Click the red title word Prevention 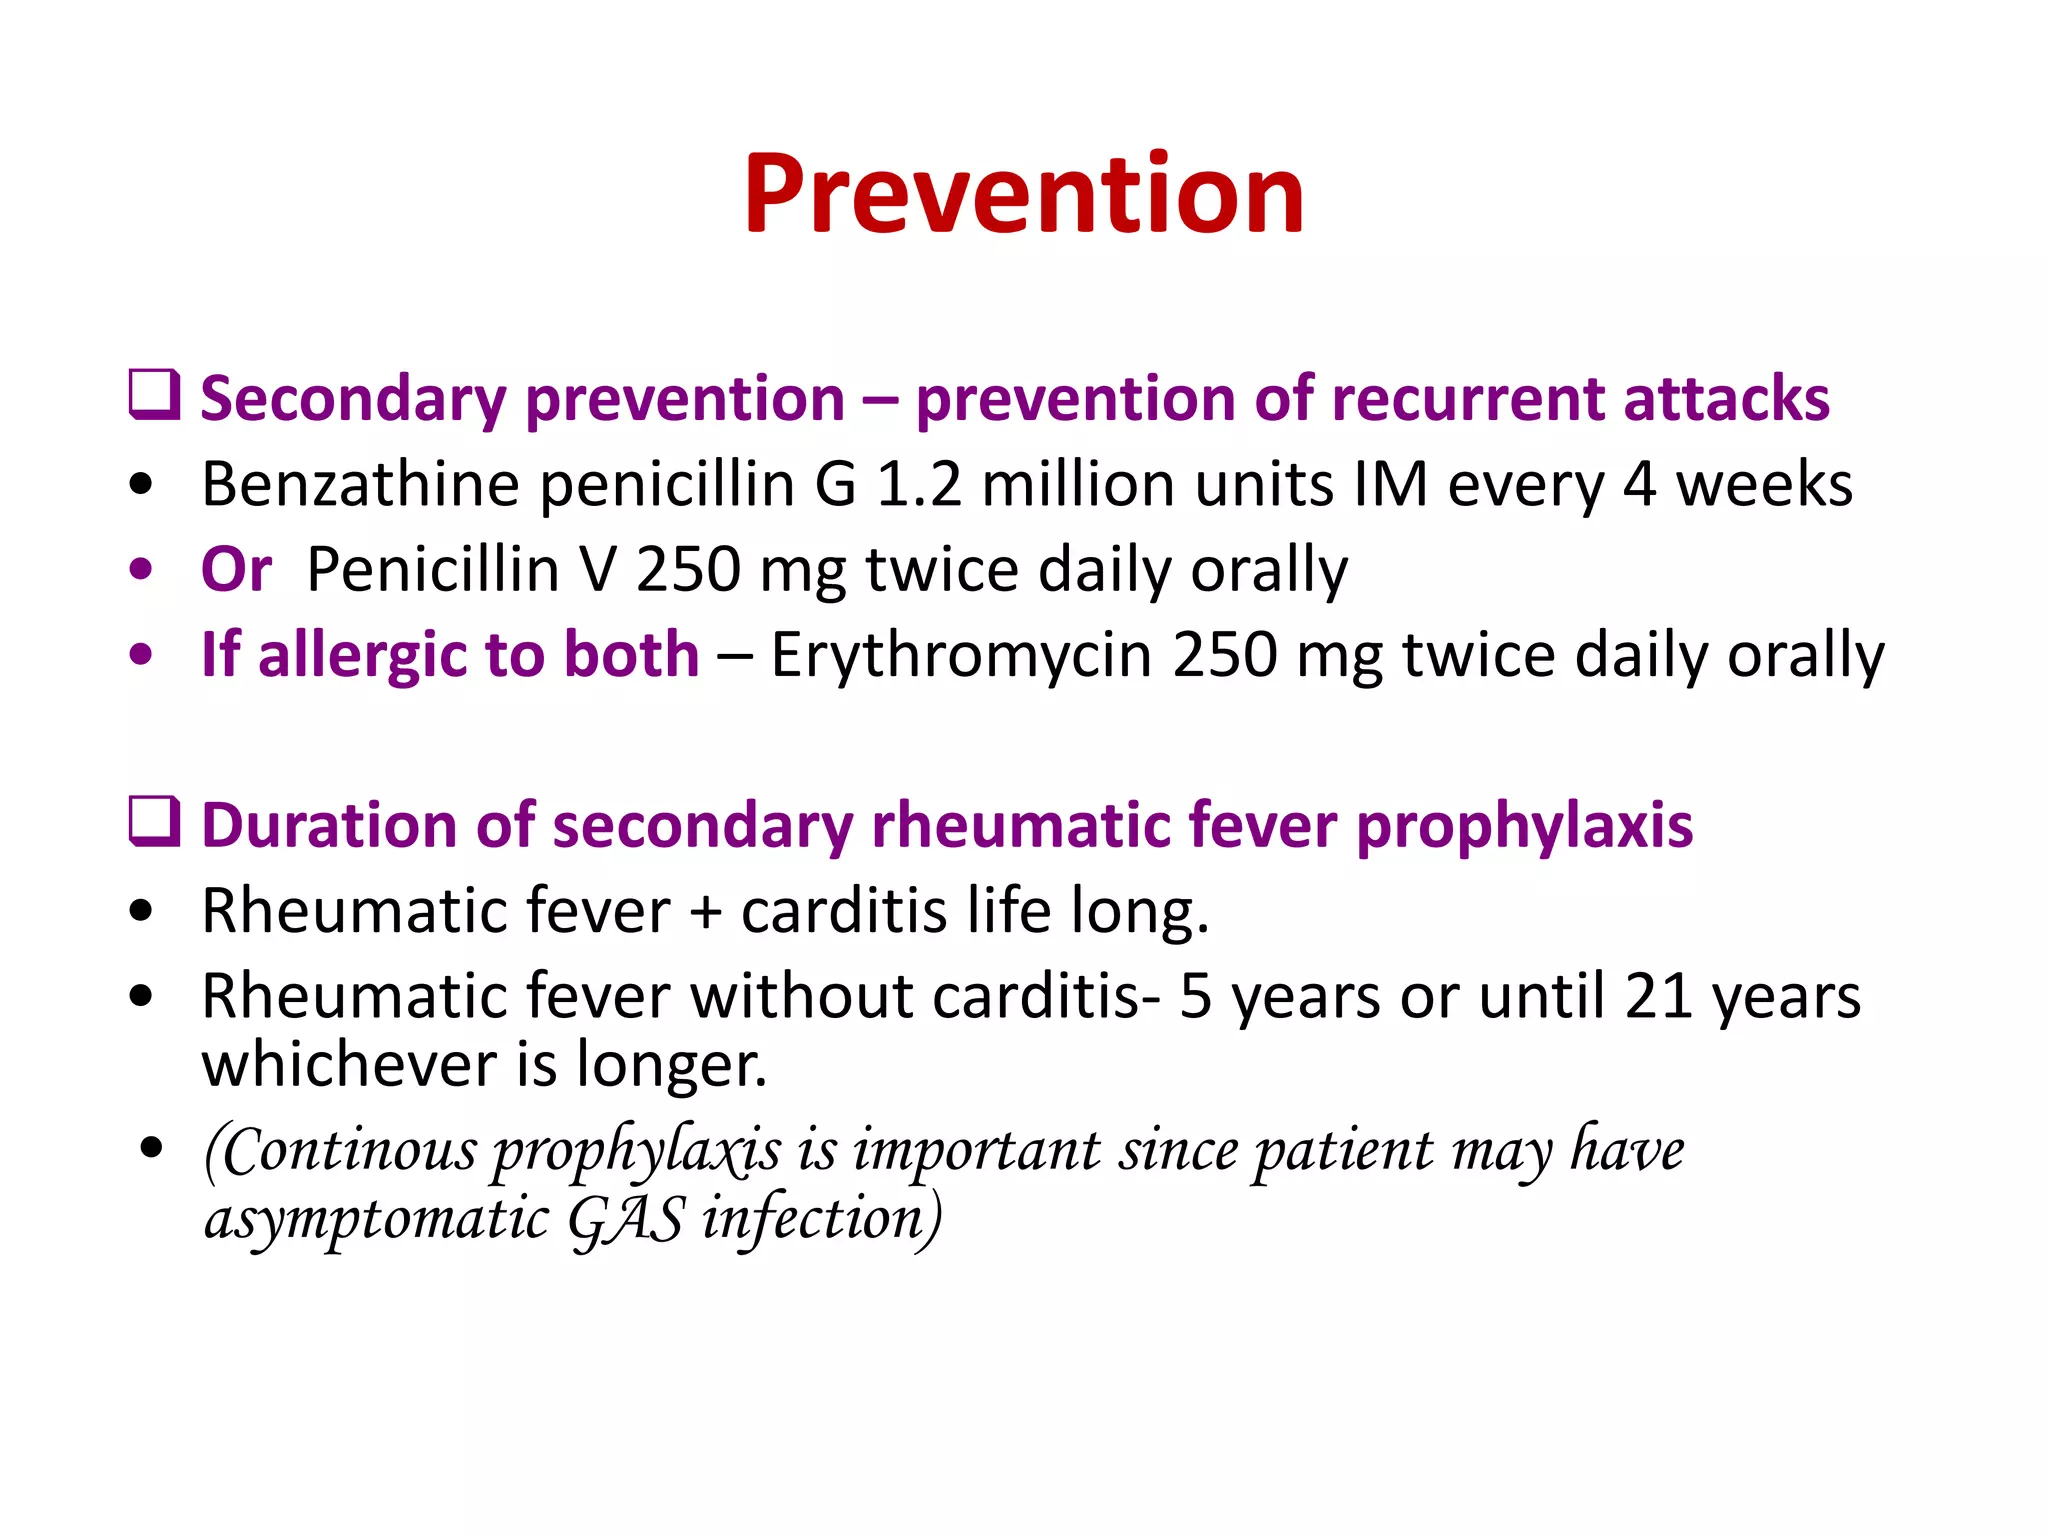click(x=1023, y=194)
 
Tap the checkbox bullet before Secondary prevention click(x=155, y=394)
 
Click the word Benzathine click(x=360, y=485)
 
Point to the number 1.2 click(x=918, y=485)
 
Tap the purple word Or click(x=236, y=570)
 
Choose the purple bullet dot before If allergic click(x=141, y=655)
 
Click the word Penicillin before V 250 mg click(x=433, y=570)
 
